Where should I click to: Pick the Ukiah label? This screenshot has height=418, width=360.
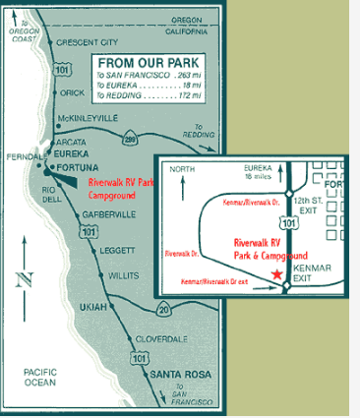[x=91, y=307]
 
